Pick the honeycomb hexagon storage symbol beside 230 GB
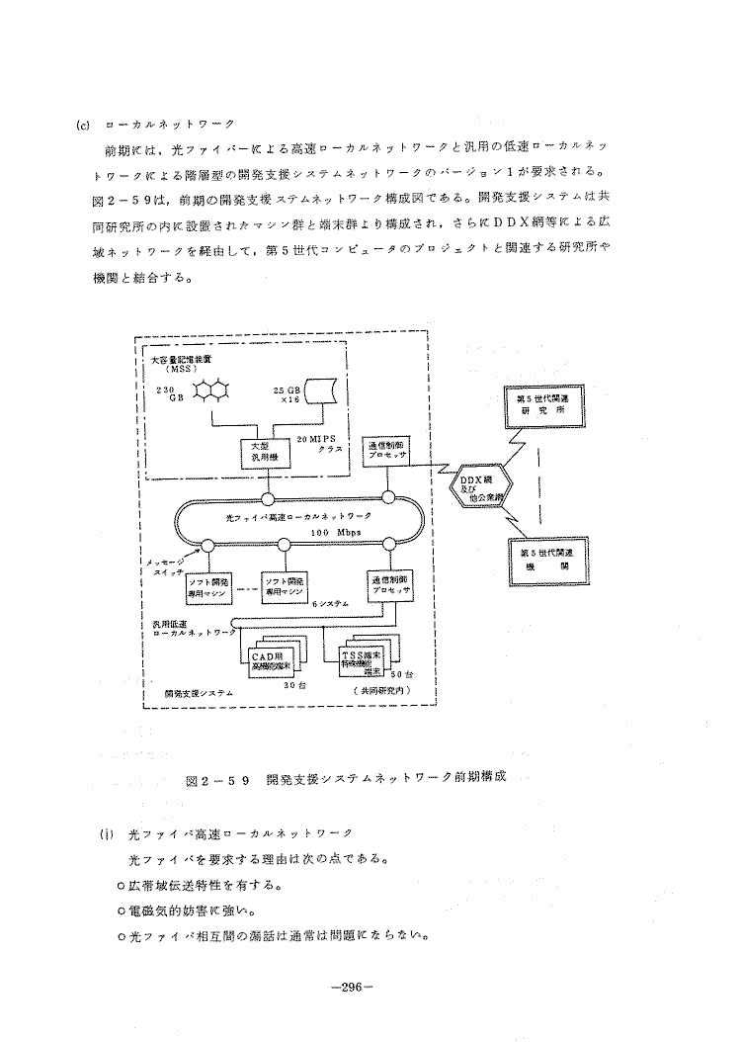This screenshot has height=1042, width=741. (x=210, y=392)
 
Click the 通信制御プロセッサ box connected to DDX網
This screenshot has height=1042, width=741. (x=386, y=451)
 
